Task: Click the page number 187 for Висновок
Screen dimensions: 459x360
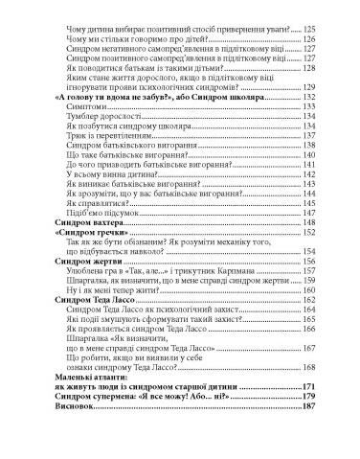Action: tap(309, 406)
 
